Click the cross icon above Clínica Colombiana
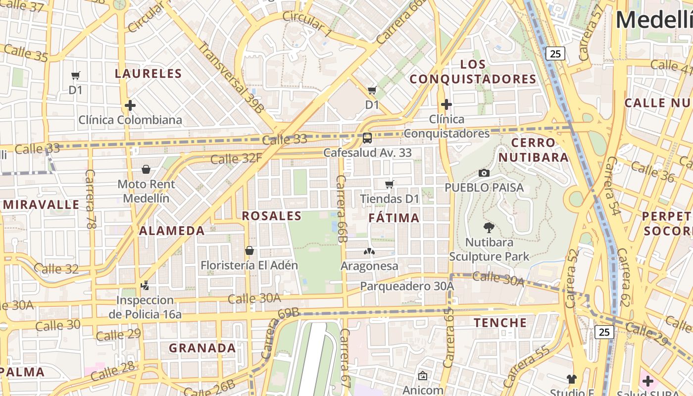point(130,105)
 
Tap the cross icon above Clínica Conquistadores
point(446,104)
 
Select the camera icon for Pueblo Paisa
point(484,173)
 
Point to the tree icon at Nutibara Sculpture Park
point(489,228)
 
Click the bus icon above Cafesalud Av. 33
point(367,138)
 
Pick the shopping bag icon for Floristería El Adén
point(249,250)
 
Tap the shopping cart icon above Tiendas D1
point(389,185)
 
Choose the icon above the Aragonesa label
point(369,251)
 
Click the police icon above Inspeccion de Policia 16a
point(145,286)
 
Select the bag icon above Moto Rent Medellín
point(146,170)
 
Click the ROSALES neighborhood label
point(271,216)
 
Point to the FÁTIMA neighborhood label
point(394,218)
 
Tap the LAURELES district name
point(148,74)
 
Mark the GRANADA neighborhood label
point(202,348)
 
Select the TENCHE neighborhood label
point(500,323)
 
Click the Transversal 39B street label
point(231,77)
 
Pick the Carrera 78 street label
point(90,199)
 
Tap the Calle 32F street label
point(236,159)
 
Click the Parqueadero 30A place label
point(407,286)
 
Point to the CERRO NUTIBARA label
point(533,150)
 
